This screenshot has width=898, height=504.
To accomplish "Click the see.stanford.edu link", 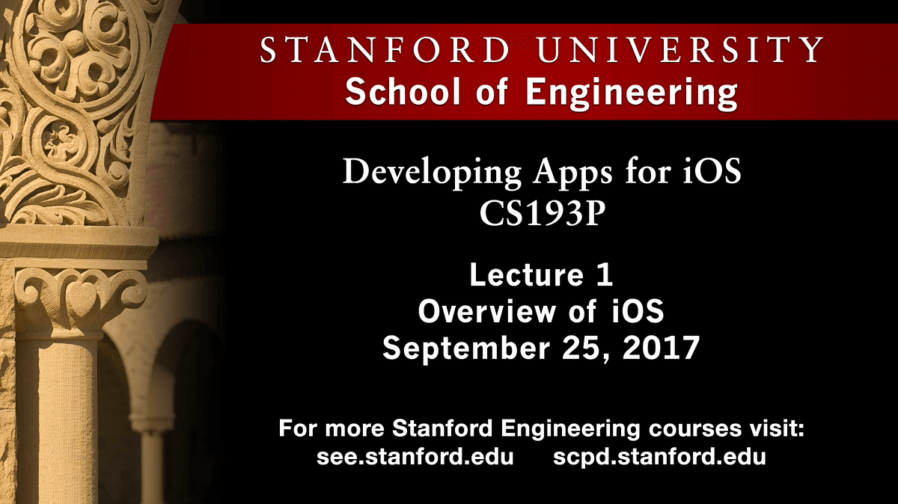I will [415, 457].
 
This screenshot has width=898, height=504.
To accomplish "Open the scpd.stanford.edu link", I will [659, 457].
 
